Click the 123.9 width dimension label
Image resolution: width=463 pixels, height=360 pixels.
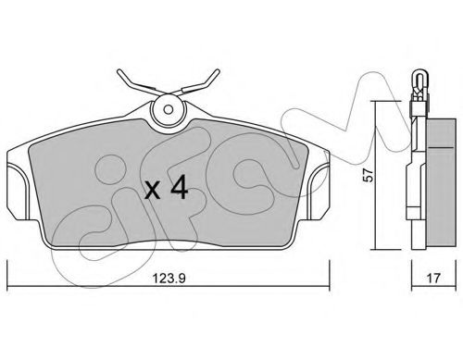coord(169,279)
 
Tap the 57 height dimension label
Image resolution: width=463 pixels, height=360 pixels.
coord(369,175)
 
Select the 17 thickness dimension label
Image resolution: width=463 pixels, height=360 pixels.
coord(433,279)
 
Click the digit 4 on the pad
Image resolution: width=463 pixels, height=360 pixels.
coord(180,187)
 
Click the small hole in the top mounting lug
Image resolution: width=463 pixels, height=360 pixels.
coord(169,109)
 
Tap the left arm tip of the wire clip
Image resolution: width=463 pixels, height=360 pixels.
coord(119,72)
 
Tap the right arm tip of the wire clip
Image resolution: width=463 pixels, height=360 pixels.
coord(218,71)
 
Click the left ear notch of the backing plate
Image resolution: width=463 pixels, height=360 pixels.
coord(18,192)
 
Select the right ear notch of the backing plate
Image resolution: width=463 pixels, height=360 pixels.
coord(319,192)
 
